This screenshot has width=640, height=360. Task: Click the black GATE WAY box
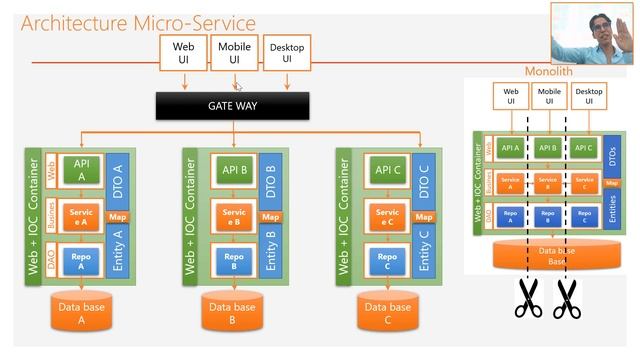click(x=232, y=105)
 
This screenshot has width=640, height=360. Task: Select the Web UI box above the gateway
click(x=183, y=53)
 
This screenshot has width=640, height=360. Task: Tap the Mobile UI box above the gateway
click(x=234, y=53)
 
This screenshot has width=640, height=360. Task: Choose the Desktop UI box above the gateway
click(x=286, y=53)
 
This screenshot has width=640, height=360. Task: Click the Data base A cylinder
click(x=79, y=313)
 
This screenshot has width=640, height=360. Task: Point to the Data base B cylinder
click(x=232, y=313)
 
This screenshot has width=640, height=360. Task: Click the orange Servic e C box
click(x=386, y=219)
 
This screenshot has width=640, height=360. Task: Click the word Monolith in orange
click(x=549, y=72)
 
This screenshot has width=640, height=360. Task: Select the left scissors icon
click(x=528, y=297)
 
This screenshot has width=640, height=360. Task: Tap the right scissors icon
click(x=568, y=297)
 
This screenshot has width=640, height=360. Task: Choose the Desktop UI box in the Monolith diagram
click(x=589, y=95)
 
